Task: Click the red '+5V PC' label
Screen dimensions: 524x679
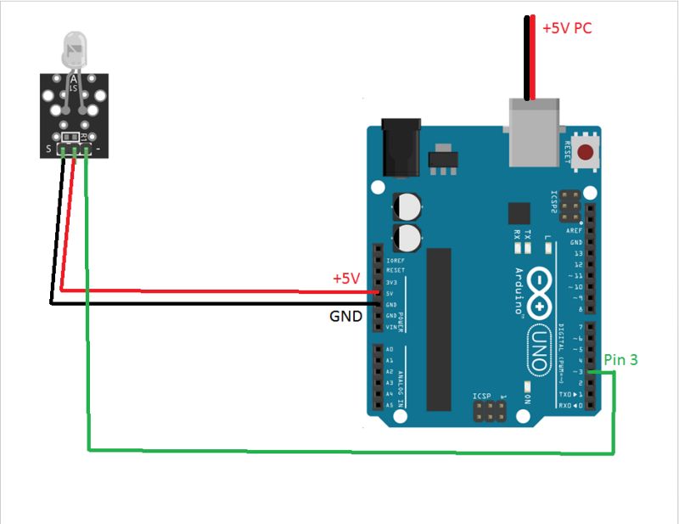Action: point(566,28)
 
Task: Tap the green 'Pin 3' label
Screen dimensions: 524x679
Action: point(620,360)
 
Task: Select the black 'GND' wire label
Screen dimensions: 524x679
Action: point(345,317)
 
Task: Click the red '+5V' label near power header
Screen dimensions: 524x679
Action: point(346,279)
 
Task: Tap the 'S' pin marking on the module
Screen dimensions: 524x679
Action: point(48,151)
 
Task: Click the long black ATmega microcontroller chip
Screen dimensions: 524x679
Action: point(440,328)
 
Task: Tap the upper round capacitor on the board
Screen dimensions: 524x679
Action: point(407,206)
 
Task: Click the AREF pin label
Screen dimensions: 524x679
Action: point(576,231)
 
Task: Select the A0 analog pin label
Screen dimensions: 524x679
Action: point(390,350)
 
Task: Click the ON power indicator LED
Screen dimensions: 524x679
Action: point(527,397)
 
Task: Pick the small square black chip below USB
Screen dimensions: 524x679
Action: point(518,213)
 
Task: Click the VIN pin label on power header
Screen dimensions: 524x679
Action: point(390,327)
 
